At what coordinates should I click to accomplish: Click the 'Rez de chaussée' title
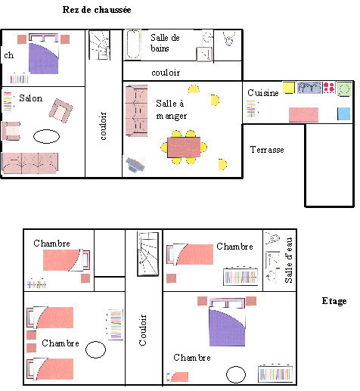97,10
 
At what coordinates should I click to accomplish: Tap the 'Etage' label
334,301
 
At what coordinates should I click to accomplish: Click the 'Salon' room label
31,98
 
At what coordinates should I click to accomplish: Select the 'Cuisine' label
263,93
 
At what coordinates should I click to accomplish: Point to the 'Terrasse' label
267,150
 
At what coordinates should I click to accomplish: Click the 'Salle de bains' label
165,43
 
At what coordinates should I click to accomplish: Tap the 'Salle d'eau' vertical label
288,260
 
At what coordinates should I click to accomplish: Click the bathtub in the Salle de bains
133,45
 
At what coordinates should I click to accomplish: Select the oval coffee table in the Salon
46,136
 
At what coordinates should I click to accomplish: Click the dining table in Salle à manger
184,147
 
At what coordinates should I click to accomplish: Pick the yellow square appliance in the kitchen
289,88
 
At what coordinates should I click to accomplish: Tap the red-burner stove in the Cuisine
329,87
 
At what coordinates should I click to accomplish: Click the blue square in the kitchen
344,113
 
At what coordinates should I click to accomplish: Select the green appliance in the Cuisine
344,88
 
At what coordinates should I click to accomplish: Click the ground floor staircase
99,45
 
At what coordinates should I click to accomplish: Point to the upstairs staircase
148,254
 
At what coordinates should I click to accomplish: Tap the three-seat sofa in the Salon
29,163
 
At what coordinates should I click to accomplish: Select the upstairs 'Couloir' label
143,330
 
